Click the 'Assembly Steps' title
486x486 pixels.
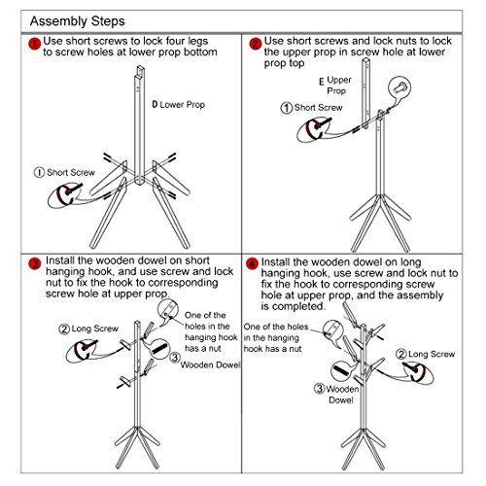77,21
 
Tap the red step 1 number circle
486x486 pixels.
35,44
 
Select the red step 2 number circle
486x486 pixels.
256,44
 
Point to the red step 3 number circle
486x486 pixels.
35,263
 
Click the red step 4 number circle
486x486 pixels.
252,263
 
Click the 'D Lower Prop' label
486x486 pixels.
179,105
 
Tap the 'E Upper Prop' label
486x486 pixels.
335,85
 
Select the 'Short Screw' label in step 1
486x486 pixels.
64,172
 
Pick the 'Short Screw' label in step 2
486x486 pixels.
311,108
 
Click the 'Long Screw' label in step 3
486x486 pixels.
88,329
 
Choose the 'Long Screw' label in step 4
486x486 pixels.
426,354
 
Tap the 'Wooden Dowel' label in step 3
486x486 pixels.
206,362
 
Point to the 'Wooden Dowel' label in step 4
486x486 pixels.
337,394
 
